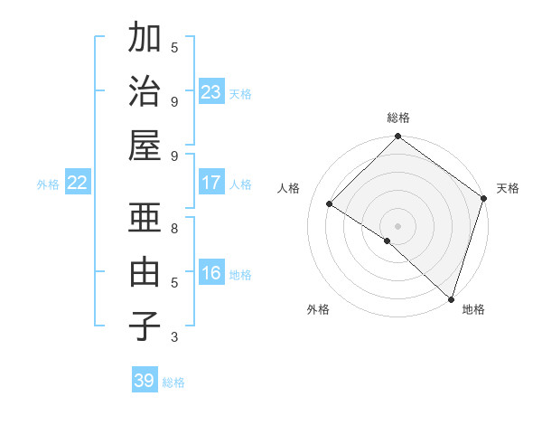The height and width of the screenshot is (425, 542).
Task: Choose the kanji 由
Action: pos(145,272)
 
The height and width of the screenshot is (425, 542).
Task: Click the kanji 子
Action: pos(145,326)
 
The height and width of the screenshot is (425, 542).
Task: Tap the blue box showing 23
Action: pos(211,91)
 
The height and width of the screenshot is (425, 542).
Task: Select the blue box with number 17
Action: pos(211,183)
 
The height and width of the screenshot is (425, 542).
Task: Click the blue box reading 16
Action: pos(211,273)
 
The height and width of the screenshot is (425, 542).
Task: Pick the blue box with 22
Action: pos(78,183)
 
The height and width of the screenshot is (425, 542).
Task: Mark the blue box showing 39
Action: pos(145,381)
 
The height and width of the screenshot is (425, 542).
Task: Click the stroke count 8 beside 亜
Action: pos(174,229)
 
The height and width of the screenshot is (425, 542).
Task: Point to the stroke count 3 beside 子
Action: pos(174,337)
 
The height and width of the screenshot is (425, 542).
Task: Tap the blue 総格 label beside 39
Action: pos(173,382)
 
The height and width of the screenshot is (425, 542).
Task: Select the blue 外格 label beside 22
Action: pos(48,184)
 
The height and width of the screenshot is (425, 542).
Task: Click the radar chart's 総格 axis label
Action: pos(397,118)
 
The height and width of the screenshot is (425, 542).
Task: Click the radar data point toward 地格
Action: pos(450,298)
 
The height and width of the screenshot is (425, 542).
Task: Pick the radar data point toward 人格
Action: pos(330,204)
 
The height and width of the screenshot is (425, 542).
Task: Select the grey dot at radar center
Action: pos(397,225)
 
